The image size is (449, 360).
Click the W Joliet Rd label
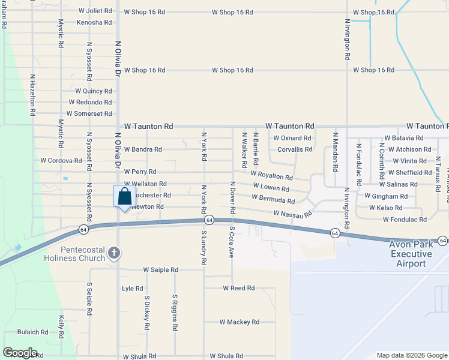coord(95,11)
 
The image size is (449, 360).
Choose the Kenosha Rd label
coord(94,22)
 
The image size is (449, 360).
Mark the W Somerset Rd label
coord(90,113)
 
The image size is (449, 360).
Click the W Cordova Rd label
coord(61,161)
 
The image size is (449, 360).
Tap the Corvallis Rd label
coord(295,149)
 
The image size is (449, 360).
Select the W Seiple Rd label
coord(160,270)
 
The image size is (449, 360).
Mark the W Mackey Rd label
coord(239,322)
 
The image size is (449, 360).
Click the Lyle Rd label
coord(132,289)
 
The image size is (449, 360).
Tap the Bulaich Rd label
coord(32,332)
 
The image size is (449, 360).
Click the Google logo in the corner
coord(20,353)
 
